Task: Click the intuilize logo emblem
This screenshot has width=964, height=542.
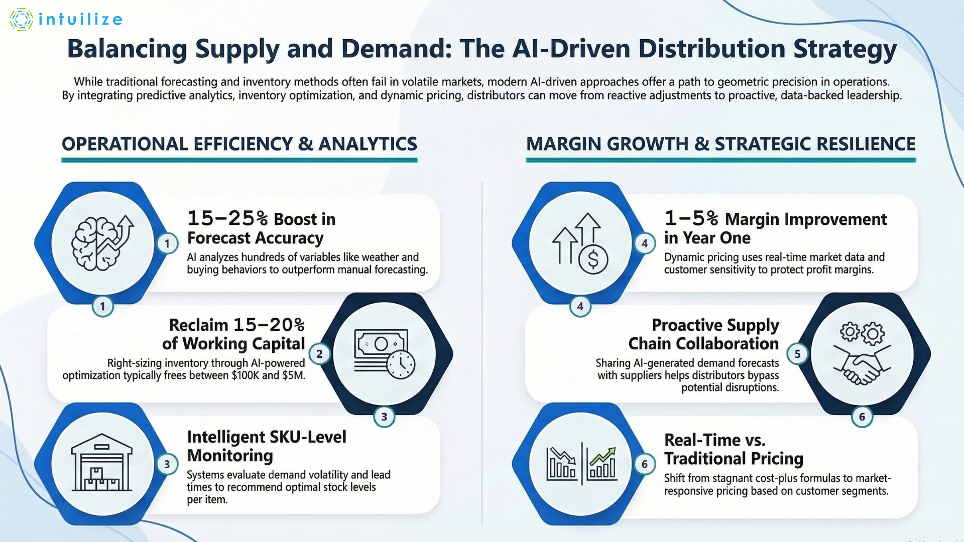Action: pyautogui.click(x=21, y=20)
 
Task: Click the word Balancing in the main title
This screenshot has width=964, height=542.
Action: pyautogui.click(x=127, y=49)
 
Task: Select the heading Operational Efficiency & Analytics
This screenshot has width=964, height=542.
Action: pyautogui.click(x=239, y=144)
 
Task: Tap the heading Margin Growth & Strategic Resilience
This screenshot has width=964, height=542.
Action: pyautogui.click(x=720, y=144)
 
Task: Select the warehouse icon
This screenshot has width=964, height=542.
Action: pyautogui.click(x=102, y=463)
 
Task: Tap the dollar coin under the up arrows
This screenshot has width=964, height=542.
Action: pyautogui.click(x=593, y=259)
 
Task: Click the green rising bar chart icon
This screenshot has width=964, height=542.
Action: pyautogui.click(x=602, y=463)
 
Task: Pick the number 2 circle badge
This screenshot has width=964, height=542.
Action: pyautogui.click(x=319, y=354)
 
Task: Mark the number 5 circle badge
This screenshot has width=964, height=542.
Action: pyautogui.click(x=797, y=354)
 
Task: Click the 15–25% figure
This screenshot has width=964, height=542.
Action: pyautogui.click(x=227, y=218)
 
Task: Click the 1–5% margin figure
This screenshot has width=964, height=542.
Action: pyautogui.click(x=691, y=218)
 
